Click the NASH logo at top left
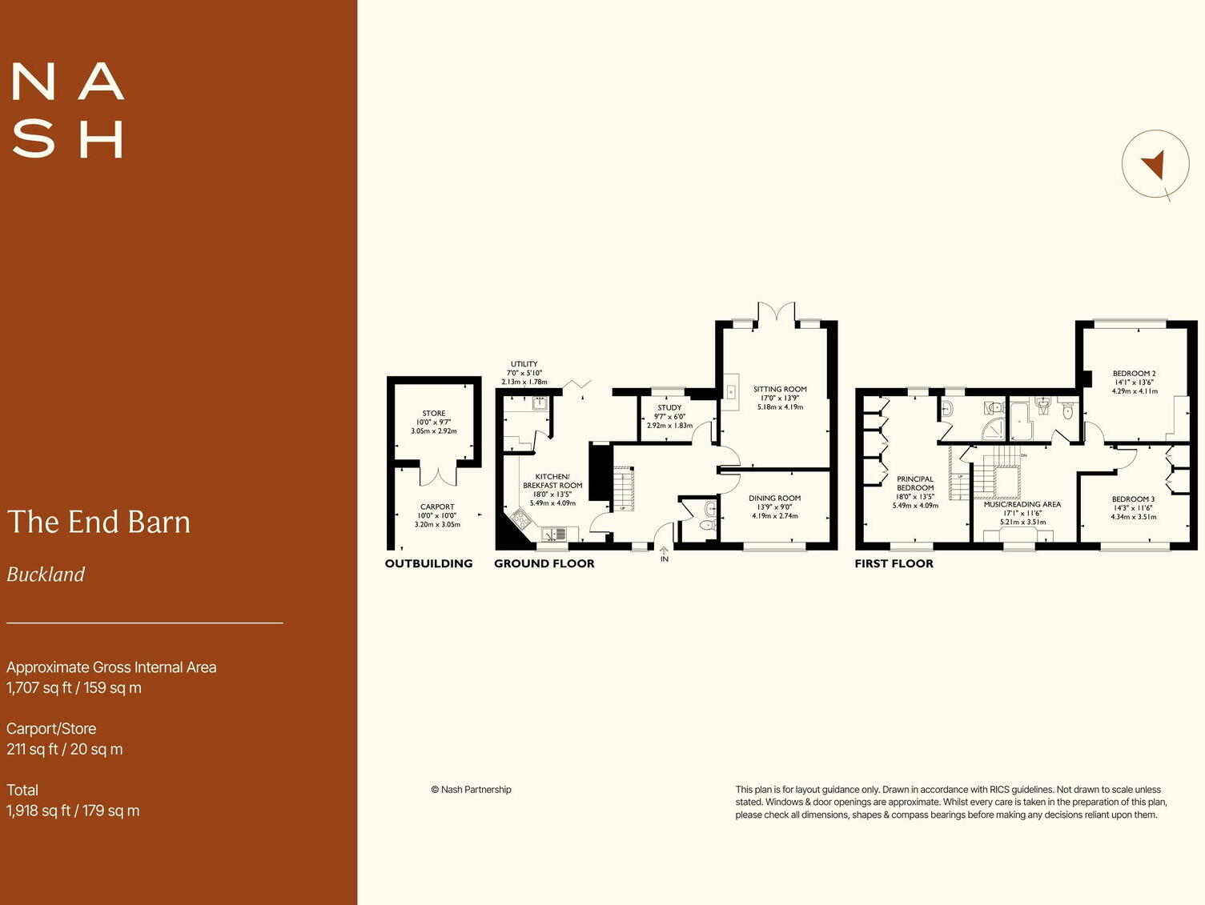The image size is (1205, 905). [x=68, y=110]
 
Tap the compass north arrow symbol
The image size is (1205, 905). [x=1154, y=164]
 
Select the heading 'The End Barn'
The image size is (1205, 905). [x=99, y=522]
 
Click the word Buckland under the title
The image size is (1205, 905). [x=46, y=575]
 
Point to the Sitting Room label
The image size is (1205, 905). [x=780, y=390]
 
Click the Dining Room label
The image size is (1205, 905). [x=774, y=499]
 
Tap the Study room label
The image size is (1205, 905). [x=669, y=408]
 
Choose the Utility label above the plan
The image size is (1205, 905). [x=524, y=364]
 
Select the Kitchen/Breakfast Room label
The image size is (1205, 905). [x=552, y=481]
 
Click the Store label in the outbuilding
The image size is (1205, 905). [x=434, y=414]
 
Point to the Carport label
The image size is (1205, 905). [x=437, y=507]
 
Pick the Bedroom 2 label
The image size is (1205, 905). [x=1134, y=374]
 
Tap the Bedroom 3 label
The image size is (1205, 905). [x=1133, y=499]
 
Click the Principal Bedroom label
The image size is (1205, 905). [x=915, y=483]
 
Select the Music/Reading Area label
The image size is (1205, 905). [x=1022, y=505]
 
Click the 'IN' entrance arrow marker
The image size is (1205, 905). [x=664, y=554]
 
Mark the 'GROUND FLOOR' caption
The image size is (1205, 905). [x=544, y=563]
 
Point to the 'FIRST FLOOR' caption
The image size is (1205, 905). [x=894, y=563]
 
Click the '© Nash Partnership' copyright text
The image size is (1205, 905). [x=471, y=790]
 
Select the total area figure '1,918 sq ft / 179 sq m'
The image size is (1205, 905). [x=73, y=811]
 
